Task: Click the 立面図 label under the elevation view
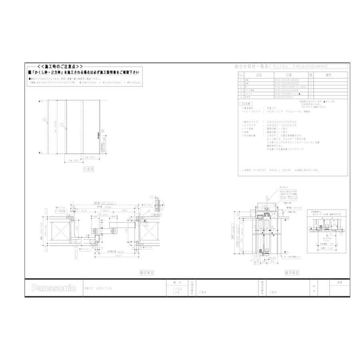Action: click(88, 169)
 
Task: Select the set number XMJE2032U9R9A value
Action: click(316, 67)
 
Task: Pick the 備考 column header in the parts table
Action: click(329, 75)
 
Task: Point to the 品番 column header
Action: click(288, 75)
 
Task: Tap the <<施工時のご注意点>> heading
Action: click(60, 66)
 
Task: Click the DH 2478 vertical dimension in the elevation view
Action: click(56, 127)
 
